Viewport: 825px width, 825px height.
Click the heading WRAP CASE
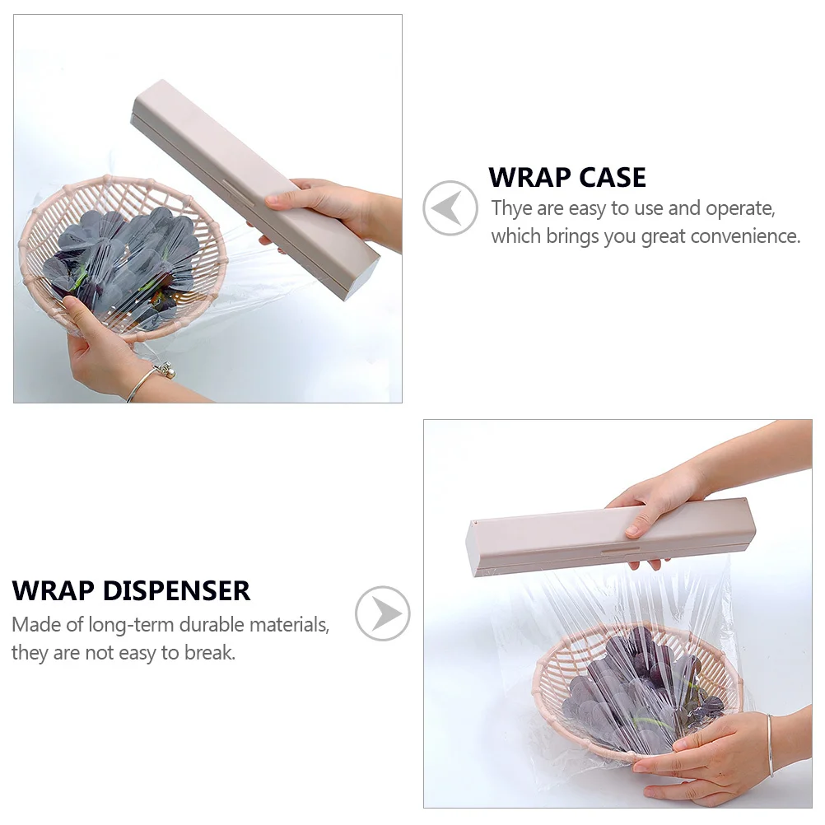click(x=567, y=177)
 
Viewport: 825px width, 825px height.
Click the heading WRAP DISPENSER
click(x=131, y=590)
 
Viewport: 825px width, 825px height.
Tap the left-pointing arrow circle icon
click(x=450, y=208)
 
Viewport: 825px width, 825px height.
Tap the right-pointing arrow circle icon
click(x=383, y=613)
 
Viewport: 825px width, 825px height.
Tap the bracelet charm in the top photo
click(x=165, y=371)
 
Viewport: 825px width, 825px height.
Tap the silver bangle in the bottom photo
click(x=770, y=745)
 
